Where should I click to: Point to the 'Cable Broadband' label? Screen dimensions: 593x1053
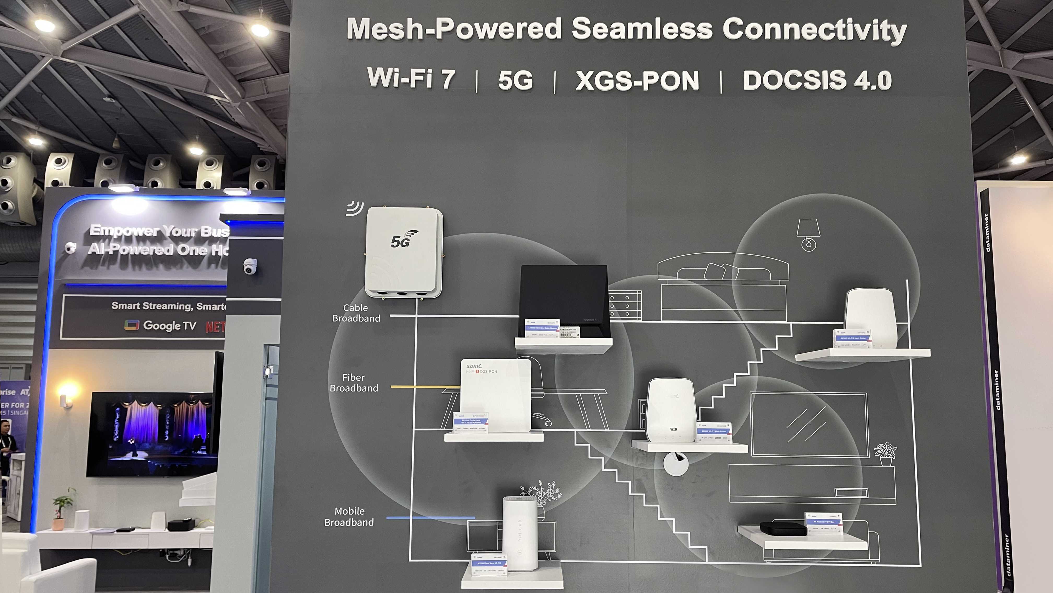point(356,313)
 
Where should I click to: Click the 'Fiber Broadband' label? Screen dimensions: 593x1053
point(354,383)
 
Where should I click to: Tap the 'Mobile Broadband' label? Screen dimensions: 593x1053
point(349,516)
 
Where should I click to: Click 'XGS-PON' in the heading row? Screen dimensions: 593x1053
point(637,80)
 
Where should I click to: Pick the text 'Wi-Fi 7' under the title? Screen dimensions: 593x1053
point(411,78)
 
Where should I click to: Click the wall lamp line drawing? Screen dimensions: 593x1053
point(808,234)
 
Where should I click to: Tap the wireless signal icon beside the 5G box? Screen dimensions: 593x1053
point(354,208)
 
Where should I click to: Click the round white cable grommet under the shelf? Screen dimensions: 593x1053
point(675,463)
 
